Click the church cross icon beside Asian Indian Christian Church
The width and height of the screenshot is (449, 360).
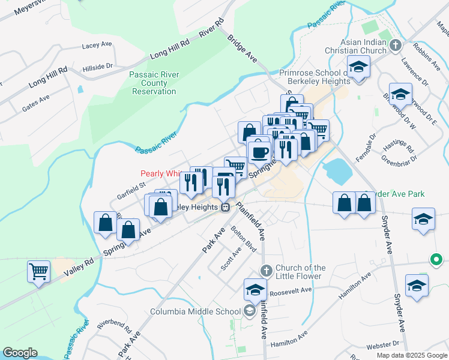[x=396, y=45]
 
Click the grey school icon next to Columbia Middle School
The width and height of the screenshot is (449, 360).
[x=250, y=311]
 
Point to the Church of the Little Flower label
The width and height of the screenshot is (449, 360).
[x=300, y=272]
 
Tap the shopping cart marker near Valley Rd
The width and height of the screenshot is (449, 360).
[x=38, y=271]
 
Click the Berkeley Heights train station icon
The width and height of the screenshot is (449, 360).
[x=225, y=208]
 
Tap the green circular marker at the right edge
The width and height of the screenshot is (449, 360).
[x=436, y=260]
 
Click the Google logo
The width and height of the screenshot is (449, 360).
[x=20, y=353]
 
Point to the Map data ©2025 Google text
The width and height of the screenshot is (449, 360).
[x=412, y=355]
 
